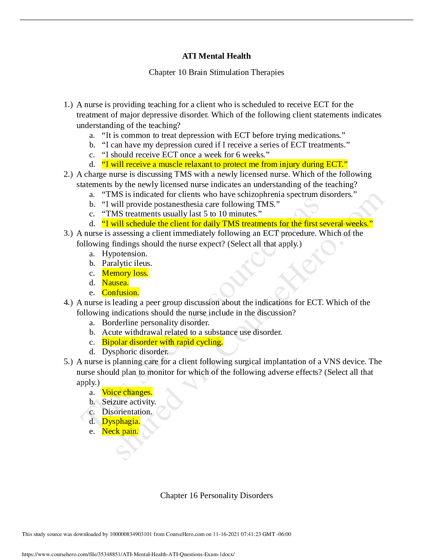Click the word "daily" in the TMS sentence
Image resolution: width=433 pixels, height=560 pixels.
tap(211, 224)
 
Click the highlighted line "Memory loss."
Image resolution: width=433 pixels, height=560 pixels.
tap(125, 273)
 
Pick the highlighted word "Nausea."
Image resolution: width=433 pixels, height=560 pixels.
tap(115, 283)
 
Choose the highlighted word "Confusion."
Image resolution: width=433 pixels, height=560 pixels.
tap(120, 293)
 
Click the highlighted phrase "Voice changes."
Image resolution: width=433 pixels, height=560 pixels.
tap(127, 392)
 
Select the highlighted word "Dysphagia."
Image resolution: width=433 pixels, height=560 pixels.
tap(121, 421)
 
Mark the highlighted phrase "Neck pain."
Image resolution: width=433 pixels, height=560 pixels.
tap(120, 431)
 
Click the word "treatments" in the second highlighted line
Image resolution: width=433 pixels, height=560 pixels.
tap(259, 224)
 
